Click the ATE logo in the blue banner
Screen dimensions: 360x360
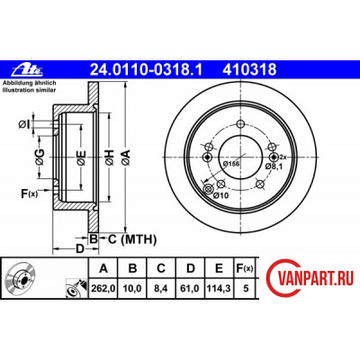click(28, 70)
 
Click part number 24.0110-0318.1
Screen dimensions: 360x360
click(147, 70)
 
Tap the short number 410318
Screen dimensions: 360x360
click(249, 70)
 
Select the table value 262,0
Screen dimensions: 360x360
click(103, 289)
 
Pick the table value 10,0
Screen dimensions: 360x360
click(132, 289)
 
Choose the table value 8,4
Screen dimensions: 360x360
click(161, 289)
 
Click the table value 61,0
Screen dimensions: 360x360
click(190, 289)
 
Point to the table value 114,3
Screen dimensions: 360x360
click(219, 289)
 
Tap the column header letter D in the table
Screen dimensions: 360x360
click(190, 268)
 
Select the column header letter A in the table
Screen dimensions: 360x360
click(103, 268)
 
